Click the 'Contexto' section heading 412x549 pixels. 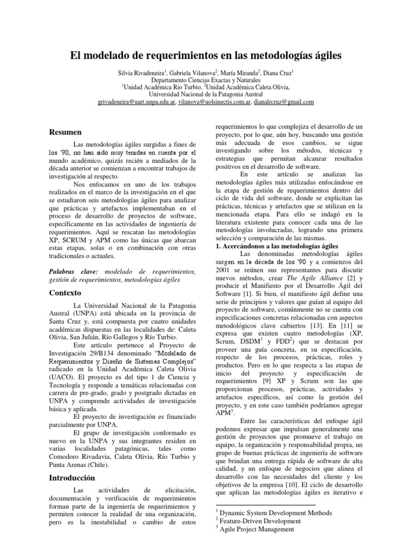pos(65,293)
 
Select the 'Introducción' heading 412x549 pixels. pos(72,477)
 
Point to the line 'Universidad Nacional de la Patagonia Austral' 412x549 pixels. pos(206,94)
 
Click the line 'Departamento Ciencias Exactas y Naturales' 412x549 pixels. pos(206,79)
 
